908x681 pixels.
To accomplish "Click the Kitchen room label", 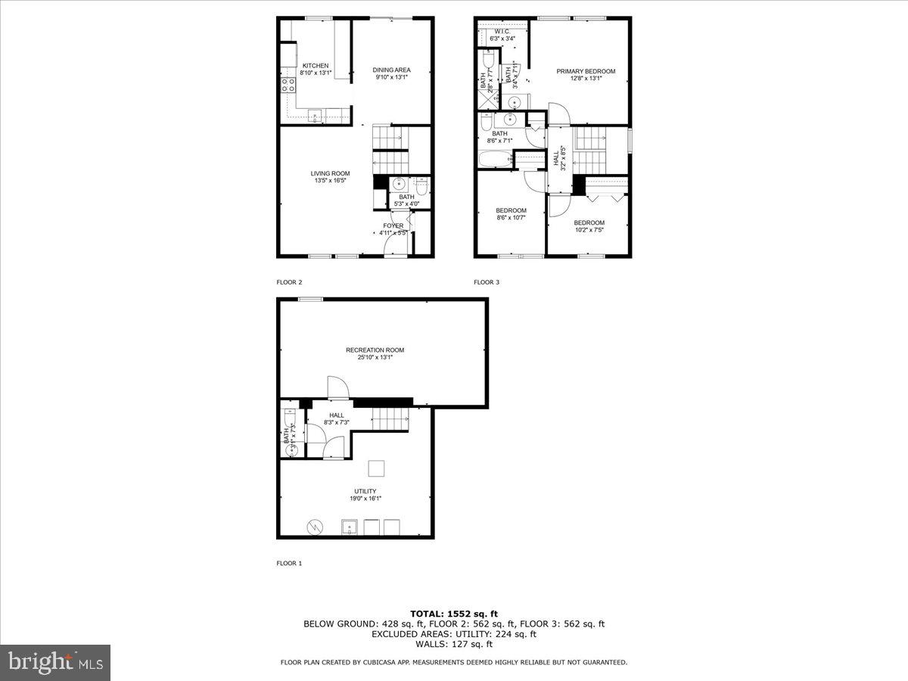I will pos(315,66).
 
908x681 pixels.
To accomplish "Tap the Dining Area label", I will pos(391,70).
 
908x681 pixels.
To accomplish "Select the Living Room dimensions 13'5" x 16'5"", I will pos(330,181).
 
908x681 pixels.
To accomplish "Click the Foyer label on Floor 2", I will pos(393,225).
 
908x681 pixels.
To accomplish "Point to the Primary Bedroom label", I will pos(586,71).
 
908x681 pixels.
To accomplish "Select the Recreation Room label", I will pos(375,350).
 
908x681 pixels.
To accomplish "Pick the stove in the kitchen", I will pos(288,85).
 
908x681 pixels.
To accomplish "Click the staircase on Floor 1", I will pos(390,418).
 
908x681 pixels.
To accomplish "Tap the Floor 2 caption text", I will pos(289,282).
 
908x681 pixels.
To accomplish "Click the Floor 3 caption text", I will pos(487,282).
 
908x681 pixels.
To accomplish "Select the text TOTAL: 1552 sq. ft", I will pos(454,614).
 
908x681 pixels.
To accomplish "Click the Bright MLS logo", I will pos(55,662).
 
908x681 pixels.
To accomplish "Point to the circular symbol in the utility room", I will pos(313,526).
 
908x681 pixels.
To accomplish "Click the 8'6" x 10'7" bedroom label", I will pos(511,210).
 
